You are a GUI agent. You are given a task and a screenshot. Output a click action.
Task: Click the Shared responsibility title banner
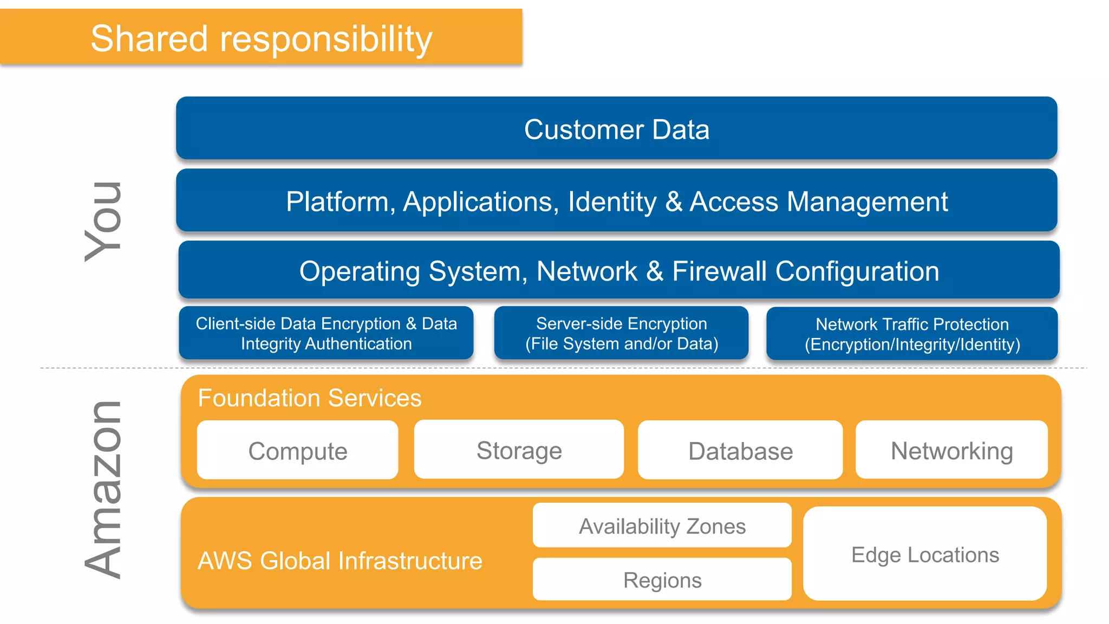(261, 38)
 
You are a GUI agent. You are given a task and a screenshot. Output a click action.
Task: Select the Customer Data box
(616, 129)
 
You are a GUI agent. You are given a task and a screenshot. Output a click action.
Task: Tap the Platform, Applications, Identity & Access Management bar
(616, 201)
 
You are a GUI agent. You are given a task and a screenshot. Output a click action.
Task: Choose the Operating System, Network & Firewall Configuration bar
(618, 270)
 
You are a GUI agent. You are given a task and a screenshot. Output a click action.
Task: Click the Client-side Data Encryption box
(326, 333)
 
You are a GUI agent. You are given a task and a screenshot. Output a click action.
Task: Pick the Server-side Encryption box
(621, 333)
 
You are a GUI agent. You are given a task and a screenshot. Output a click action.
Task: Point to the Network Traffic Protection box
(912, 334)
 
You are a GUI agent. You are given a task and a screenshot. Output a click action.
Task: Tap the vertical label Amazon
(103, 490)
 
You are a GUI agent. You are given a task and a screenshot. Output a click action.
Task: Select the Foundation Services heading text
(309, 398)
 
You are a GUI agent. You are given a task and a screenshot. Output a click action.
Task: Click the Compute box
(297, 451)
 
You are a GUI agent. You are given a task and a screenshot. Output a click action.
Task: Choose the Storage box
(519, 450)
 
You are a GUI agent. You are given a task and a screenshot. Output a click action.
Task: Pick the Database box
(740, 451)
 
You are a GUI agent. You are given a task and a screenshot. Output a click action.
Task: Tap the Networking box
(951, 450)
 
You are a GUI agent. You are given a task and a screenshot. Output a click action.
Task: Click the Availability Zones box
(662, 525)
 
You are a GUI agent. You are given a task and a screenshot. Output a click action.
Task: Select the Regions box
(662, 580)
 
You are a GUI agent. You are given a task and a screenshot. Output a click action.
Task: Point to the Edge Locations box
(925, 554)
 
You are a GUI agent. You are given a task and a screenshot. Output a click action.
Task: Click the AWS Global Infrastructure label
(340, 561)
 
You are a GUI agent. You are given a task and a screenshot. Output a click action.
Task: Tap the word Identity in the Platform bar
(612, 202)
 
